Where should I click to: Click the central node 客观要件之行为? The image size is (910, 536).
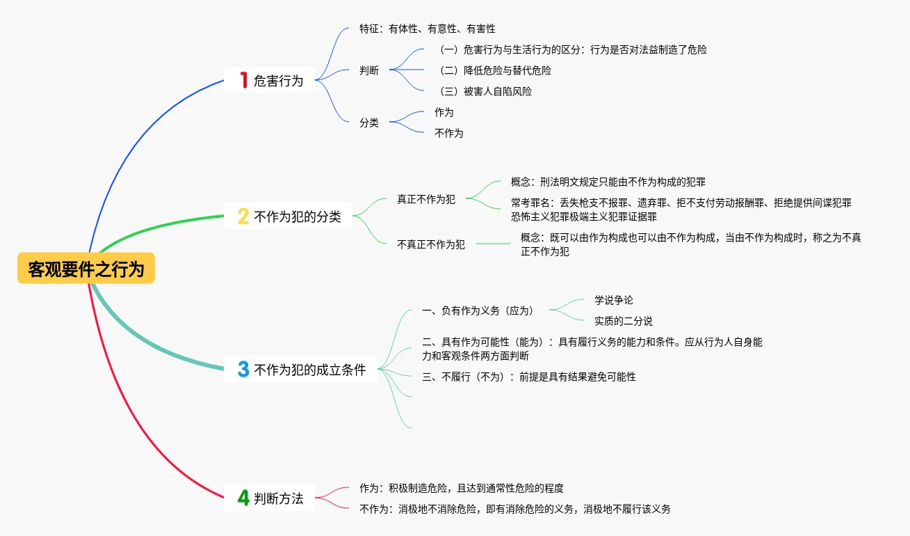coord(86,269)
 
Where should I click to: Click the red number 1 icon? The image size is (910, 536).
coord(243,80)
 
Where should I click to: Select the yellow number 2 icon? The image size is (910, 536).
coord(243,216)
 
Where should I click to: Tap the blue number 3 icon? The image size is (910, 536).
coord(243,370)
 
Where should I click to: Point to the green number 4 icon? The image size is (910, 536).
coord(243,498)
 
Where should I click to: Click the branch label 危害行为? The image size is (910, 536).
coord(278,81)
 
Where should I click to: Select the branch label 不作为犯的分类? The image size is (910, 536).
coord(298,216)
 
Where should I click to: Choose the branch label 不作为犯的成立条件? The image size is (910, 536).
coord(310,370)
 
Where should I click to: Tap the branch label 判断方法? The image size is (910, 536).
coord(278,498)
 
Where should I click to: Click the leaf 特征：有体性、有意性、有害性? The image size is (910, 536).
coord(427,29)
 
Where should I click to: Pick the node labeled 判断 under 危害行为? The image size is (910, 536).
coord(369,70)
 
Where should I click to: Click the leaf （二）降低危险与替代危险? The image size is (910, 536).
coord(493,70)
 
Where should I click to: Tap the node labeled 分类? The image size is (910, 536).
coord(369,123)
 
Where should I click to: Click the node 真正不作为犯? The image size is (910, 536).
coord(426,199)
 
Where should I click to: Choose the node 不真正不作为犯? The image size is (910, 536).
coord(431,244)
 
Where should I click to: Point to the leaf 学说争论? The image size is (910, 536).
coord(614,300)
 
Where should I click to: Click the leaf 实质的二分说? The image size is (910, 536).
coord(624,321)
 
